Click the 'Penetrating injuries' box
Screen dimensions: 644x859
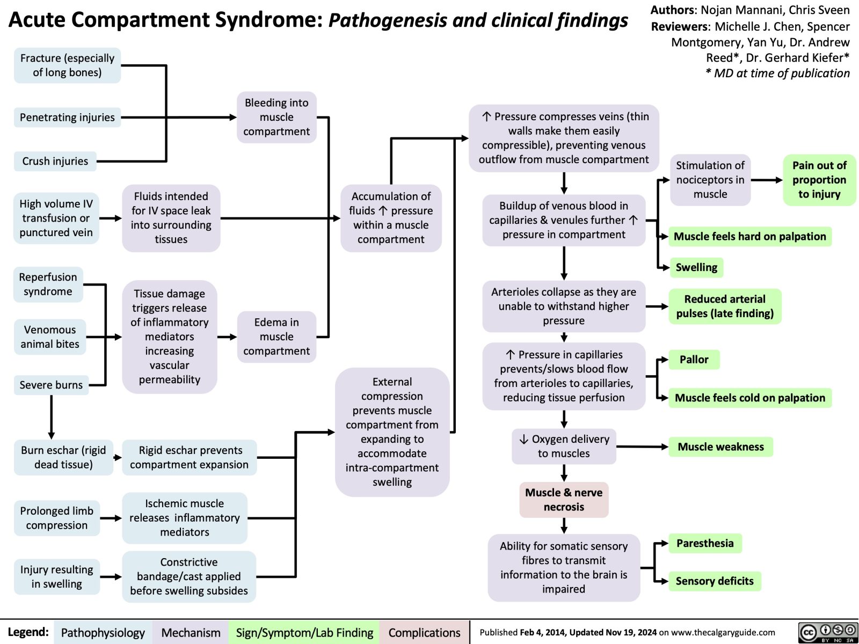[67, 117]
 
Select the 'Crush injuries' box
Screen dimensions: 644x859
[55, 161]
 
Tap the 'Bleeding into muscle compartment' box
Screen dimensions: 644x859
[276, 117]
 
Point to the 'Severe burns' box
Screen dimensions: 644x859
[51, 385]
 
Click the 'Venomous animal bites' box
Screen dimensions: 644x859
[50, 337]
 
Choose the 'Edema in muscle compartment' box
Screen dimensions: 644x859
[276, 336]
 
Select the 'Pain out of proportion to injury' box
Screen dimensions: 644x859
[819, 180]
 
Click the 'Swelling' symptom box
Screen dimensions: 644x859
[696, 267]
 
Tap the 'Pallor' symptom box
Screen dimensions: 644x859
[694, 360]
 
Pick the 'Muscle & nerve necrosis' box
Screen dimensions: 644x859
[564, 500]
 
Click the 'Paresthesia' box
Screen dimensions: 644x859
[704, 543]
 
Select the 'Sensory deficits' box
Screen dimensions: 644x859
[714, 581]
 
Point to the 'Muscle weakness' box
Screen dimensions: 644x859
[720, 447]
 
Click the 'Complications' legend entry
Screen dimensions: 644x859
[424, 633]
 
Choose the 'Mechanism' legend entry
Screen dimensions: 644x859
[191, 633]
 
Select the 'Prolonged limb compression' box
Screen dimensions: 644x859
[57, 518]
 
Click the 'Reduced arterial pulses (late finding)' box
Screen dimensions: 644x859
[725, 306]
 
